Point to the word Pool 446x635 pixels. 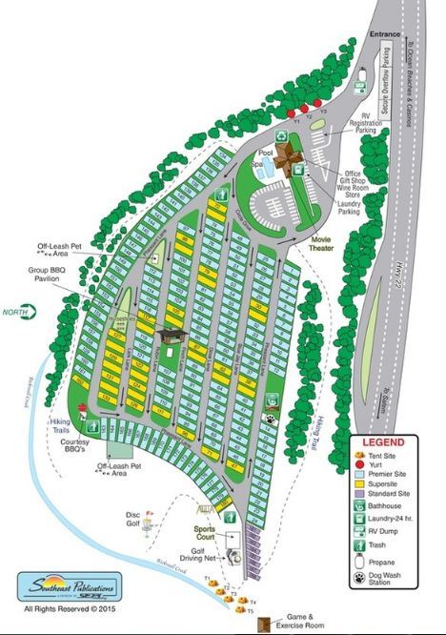(x=266, y=153)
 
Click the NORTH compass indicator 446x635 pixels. (x=17, y=311)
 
